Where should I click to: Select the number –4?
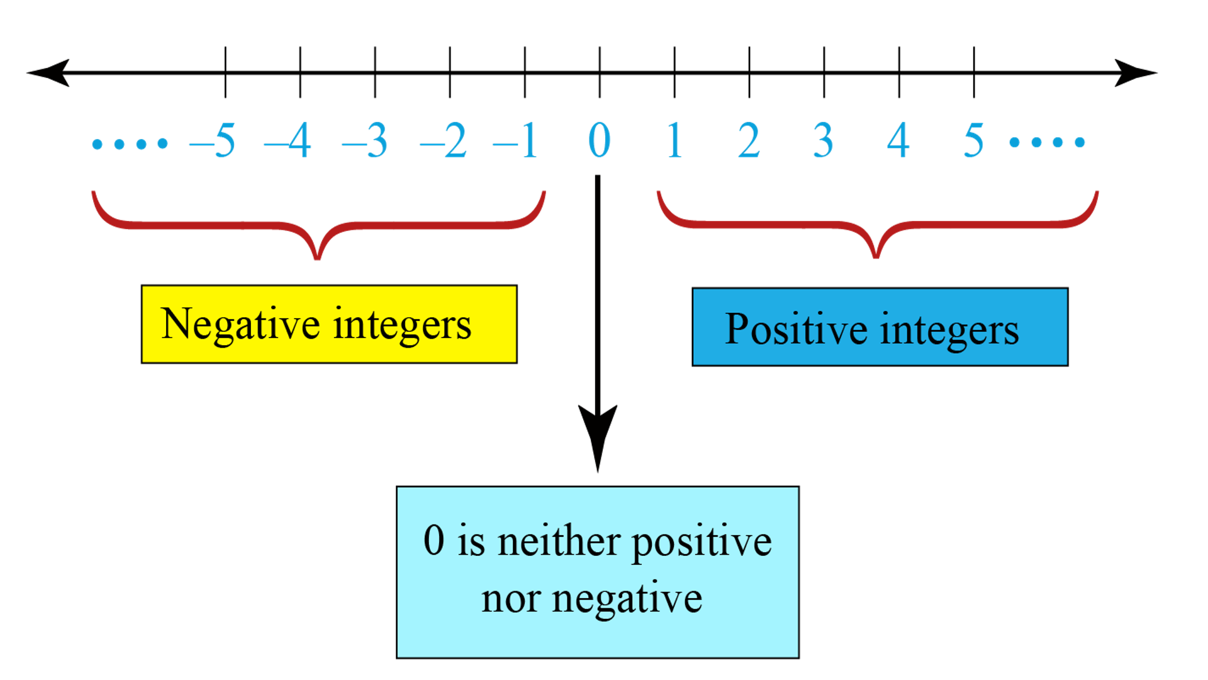pyautogui.click(x=289, y=141)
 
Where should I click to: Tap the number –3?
pyautogui.click(x=366, y=141)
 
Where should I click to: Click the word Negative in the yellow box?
pyautogui.click(x=240, y=325)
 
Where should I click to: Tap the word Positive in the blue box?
pyautogui.click(x=796, y=329)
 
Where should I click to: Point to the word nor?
pyautogui.click(x=510, y=598)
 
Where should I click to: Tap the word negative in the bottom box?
pyautogui.click(x=627, y=599)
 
